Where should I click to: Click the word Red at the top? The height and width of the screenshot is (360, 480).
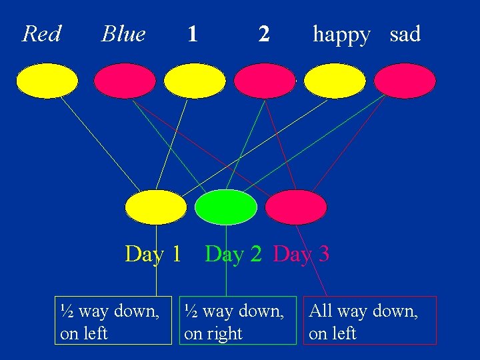[41, 33]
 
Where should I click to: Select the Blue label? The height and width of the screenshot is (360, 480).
[123, 33]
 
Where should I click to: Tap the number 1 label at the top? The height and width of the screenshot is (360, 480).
[193, 33]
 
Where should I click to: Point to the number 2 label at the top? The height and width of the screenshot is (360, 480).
[264, 33]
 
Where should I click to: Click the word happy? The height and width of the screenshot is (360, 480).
[341, 35]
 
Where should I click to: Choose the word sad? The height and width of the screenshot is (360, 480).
[405, 33]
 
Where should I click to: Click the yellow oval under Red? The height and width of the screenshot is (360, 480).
[47, 81]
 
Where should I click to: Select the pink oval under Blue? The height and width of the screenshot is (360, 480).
[125, 81]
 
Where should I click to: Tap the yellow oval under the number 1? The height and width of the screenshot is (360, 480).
[195, 81]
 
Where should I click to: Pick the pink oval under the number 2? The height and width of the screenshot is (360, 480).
[265, 81]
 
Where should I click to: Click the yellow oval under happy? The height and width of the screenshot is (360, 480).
[335, 81]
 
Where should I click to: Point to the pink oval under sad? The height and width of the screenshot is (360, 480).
[405, 81]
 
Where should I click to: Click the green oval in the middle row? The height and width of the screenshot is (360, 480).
[226, 207]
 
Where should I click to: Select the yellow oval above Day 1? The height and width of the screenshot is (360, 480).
[156, 207]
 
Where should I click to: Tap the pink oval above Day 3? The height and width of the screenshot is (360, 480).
[296, 207]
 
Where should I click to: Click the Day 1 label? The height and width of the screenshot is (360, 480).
[153, 254]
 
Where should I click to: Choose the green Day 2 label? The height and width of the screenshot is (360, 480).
[233, 254]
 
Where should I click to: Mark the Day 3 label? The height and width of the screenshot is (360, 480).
[301, 254]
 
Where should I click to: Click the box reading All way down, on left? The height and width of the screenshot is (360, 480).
[370, 321]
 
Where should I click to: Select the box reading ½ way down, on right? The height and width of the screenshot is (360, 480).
[240, 321]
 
